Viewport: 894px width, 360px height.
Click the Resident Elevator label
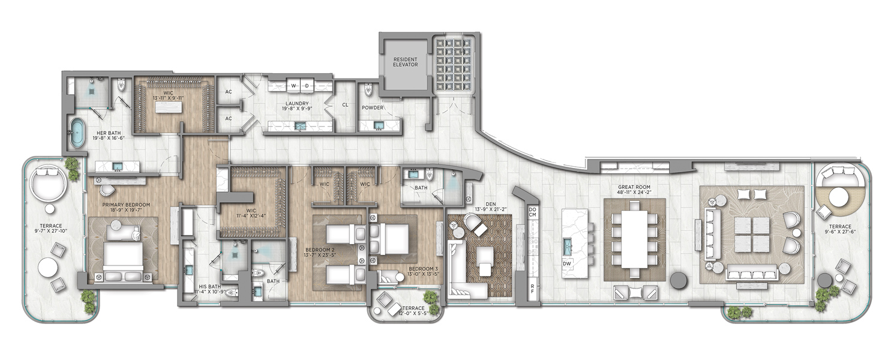pos(405,62)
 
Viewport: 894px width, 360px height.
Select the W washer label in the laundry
pos(293,85)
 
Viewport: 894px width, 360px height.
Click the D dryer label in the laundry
pos(307,85)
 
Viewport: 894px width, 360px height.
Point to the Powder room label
pos(372,108)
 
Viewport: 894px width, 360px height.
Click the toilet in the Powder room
pos(368,90)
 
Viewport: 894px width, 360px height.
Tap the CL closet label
pos(345,105)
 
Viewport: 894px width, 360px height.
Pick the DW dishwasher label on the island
pos(567,263)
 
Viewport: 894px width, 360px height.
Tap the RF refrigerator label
pos(532,289)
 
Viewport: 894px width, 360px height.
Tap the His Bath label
pos(209,287)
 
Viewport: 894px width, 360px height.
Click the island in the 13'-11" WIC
pos(168,107)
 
